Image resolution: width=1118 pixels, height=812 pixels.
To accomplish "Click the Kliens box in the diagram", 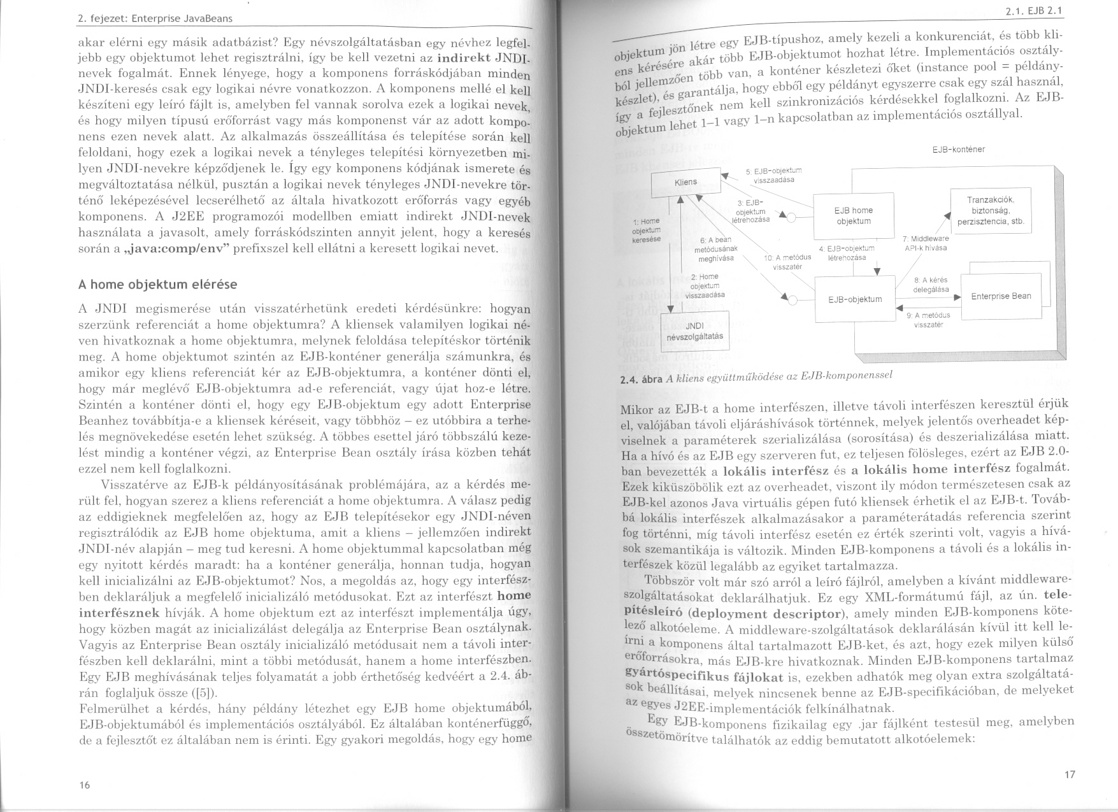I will click(x=685, y=182).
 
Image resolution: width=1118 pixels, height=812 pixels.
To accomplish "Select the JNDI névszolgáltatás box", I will click(x=694, y=331).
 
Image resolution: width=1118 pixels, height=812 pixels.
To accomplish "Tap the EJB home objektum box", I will click(x=854, y=215).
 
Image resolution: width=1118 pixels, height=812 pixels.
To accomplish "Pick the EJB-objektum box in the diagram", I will click(x=855, y=299).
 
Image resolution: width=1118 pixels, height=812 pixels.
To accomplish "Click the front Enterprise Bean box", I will click(x=1001, y=296).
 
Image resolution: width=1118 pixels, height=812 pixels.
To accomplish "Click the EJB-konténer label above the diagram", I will click(x=958, y=150).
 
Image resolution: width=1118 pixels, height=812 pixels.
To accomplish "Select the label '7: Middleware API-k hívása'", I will click(x=926, y=243).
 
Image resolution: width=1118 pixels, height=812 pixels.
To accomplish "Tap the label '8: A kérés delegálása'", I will click(x=931, y=284).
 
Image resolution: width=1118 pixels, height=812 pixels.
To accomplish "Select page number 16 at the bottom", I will click(x=84, y=785).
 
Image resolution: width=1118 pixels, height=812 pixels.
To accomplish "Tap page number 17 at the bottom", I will click(x=1070, y=774).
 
